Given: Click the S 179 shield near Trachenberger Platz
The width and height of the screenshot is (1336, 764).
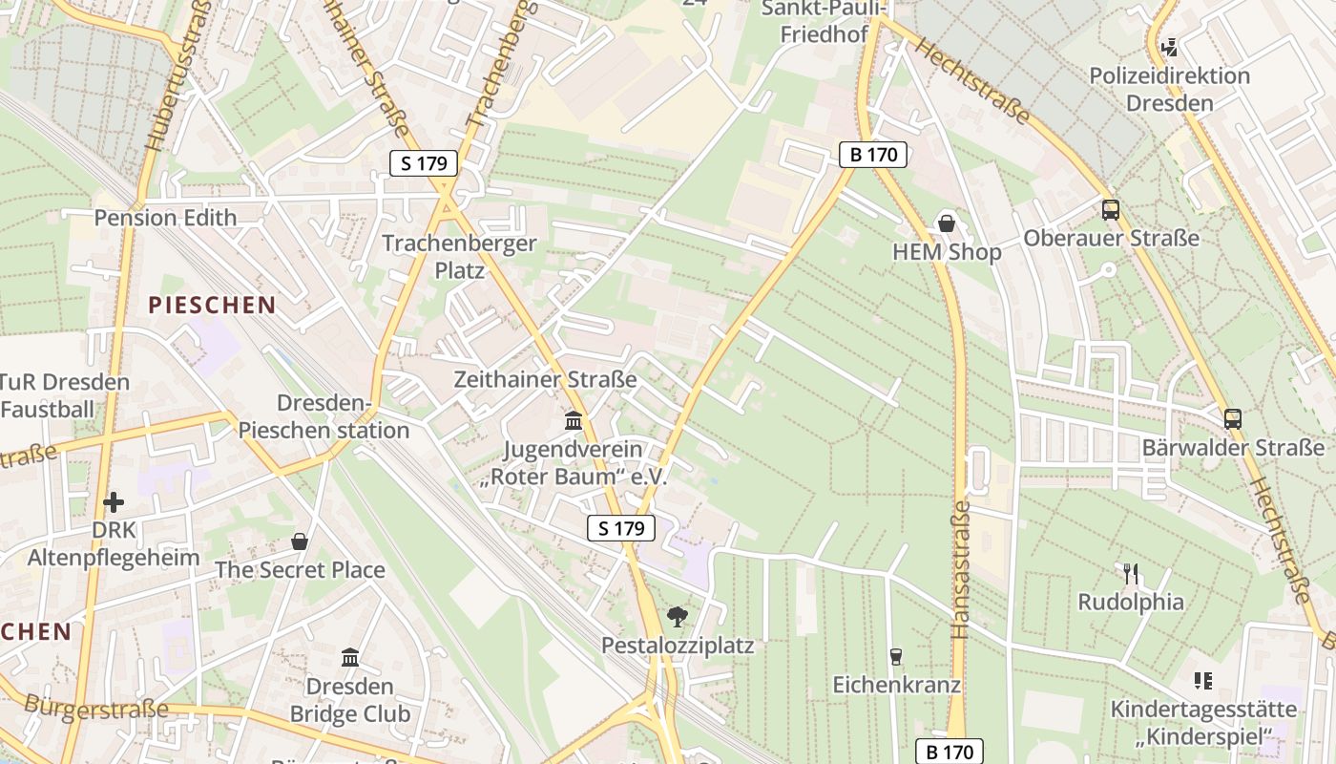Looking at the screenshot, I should (x=425, y=163).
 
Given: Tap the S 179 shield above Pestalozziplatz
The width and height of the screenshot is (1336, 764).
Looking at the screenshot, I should (x=621, y=528).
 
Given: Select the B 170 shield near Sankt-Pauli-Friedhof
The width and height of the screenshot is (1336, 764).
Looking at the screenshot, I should (x=873, y=155).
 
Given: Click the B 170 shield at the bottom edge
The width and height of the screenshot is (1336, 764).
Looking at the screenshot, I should (x=950, y=752).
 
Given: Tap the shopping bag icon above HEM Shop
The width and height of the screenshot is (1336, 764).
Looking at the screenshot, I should (x=947, y=223).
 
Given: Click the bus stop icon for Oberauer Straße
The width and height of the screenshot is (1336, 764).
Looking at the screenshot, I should (x=1110, y=210).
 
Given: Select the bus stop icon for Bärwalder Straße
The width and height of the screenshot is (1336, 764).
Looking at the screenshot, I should (x=1233, y=418).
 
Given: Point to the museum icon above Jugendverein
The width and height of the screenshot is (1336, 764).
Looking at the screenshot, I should (x=574, y=420).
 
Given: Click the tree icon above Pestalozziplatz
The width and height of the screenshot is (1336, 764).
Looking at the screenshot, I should (x=678, y=617).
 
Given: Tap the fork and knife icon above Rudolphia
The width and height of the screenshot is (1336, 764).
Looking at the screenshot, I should (x=1131, y=574).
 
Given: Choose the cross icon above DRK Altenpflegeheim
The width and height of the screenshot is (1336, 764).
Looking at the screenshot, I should (x=114, y=502).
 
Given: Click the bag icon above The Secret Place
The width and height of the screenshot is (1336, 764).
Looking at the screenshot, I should (x=300, y=541).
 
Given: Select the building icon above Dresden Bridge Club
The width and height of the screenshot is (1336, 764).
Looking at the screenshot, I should (x=349, y=658).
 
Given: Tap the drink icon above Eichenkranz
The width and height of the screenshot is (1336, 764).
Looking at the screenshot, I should (x=895, y=657).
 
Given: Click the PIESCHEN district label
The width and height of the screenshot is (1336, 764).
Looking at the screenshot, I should (x=212, y=306).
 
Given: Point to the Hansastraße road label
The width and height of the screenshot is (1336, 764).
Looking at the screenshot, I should (x=961, y=571).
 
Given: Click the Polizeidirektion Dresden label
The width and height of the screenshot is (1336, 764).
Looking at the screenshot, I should (x=1169, y=89).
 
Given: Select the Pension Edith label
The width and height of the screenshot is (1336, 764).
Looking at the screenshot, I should (x=165, y=218).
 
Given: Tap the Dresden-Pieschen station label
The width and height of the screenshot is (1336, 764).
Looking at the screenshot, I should (x=324, y=416).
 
